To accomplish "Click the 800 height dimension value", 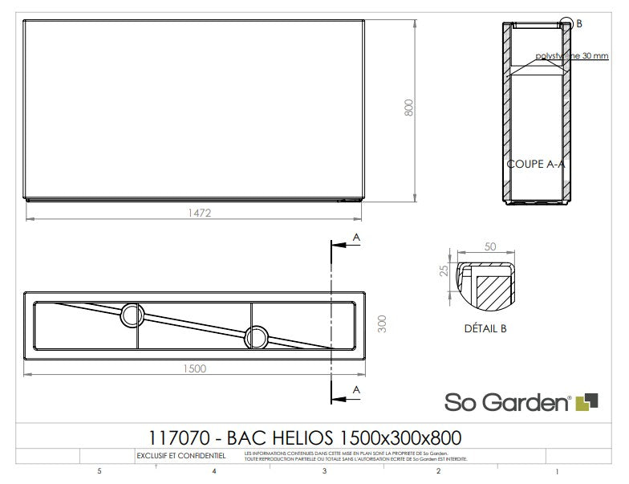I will coord(408,108).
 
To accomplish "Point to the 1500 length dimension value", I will coord(193,369).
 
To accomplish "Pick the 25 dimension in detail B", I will coord(443,270).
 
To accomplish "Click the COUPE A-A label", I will coord(536,163).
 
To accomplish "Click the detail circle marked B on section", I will coord(567,24).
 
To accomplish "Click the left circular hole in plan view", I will coord(131,315).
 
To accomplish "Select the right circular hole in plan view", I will coord(257,336).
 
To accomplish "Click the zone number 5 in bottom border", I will coord(99,472).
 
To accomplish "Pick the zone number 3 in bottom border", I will coord(323,472).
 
